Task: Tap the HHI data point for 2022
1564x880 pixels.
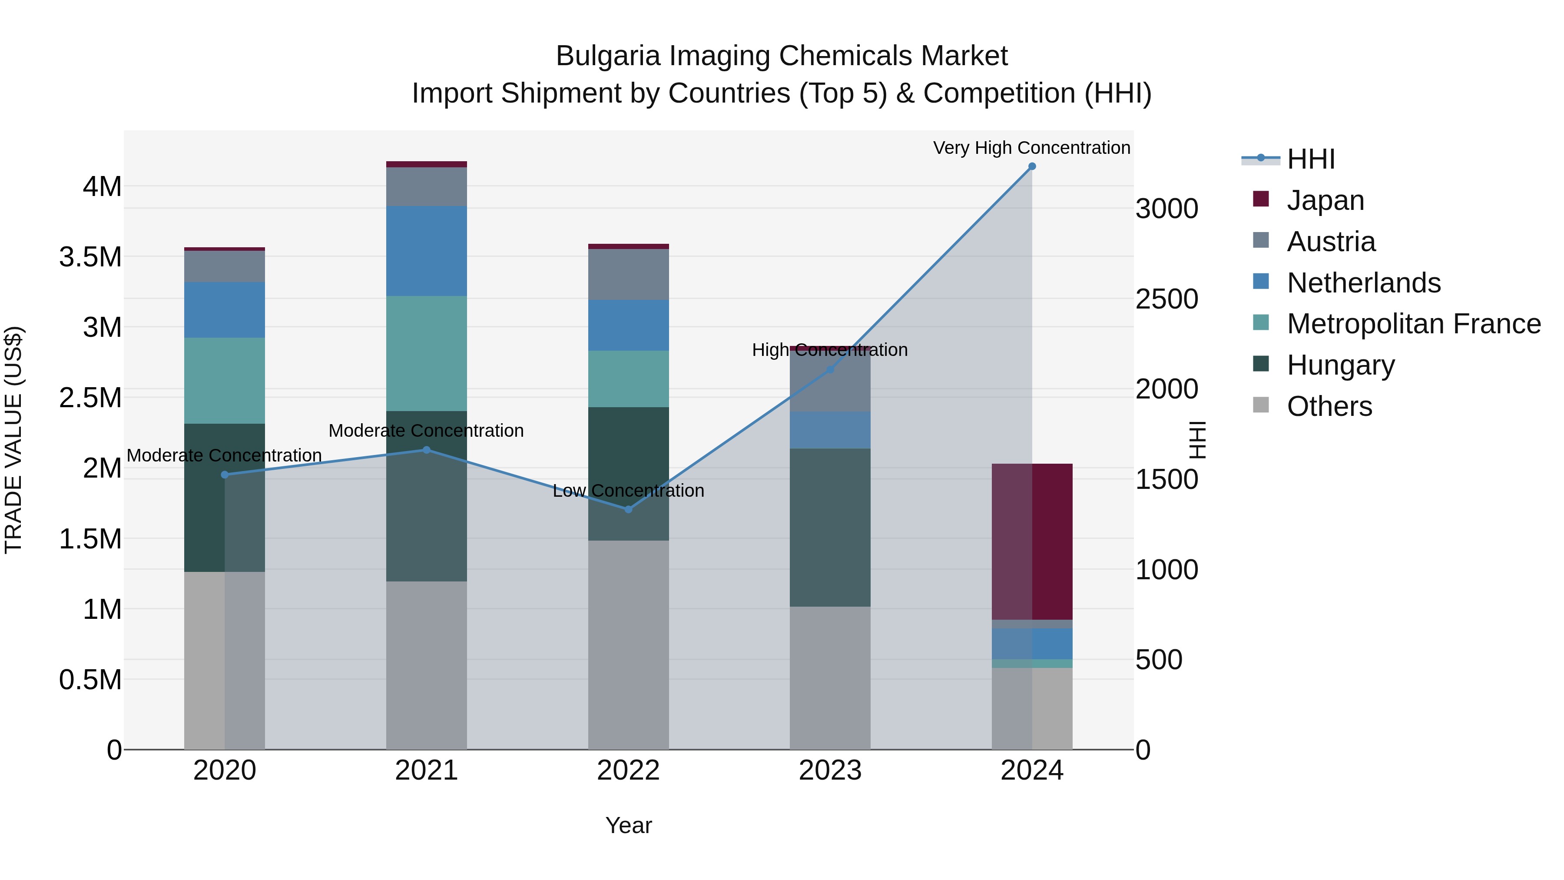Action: coord(628,509)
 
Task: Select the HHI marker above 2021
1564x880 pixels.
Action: coord(426,450)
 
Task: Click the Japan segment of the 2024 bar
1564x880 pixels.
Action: coord(1032,541)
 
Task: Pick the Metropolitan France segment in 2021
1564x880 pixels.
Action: coord(426,353)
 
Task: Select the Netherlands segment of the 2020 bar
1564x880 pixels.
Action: coord(225,310)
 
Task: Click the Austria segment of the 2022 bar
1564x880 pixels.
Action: coord(628,275)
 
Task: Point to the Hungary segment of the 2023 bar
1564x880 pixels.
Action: coord(830,527)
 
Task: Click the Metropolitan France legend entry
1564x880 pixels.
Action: coord(1413,324)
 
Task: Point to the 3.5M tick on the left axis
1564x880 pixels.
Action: coord(90,257)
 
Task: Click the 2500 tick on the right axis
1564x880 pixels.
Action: coord(1166,299)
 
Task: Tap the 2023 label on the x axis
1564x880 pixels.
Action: coord(830,770)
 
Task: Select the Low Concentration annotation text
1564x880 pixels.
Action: coord(628,490)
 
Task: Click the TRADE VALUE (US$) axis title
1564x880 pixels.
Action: coord(13,440)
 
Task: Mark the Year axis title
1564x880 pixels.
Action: coord(628,825)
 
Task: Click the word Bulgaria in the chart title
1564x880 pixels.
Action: coord(608,56)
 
